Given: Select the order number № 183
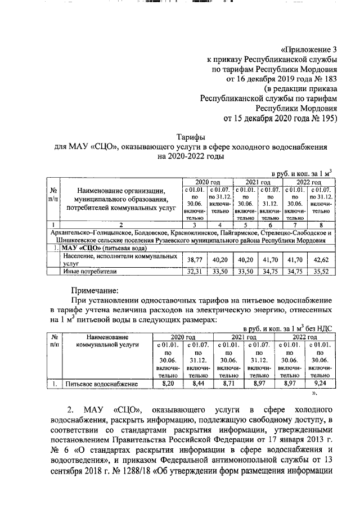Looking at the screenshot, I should click(x=323, y=79).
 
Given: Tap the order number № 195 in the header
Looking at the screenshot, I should click(x=323, y=119).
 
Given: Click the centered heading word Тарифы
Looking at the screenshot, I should click(x=191, y=137).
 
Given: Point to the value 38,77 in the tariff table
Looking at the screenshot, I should click(x=193, y=259).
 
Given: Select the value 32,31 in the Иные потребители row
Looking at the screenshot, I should click(x=193, y=271).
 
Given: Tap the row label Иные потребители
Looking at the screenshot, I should click(x=89, y=271).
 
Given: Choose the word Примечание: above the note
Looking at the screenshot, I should click(x=94, y=290).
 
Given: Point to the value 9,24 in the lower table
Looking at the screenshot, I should click(x=320, y=384).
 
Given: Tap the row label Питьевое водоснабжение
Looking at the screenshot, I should click(x=102, y=384).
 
